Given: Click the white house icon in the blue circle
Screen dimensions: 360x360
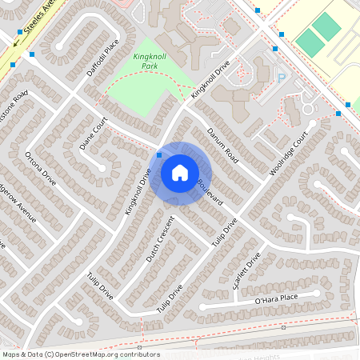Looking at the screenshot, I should point(180,173).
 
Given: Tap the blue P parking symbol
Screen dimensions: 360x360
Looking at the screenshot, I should point(281,77).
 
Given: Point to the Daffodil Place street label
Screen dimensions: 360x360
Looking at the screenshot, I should point(102,58).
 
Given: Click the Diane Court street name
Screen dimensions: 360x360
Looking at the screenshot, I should point(94,133).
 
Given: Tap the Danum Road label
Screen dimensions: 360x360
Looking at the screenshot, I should point(222,144).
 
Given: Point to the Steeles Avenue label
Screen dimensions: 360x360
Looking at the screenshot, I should point(40,22).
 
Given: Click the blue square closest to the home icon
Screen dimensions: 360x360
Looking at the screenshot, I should point(159,154).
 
